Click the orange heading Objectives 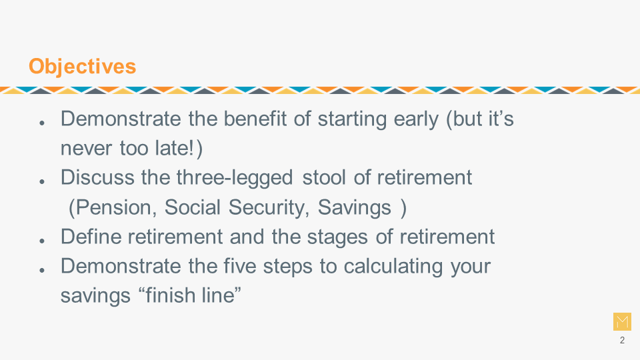tap(82, 67)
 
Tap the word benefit tap(255, 119)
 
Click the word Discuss tap(97, 177)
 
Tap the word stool tap(324, 177)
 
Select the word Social tap(193, 207)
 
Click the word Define tap(91, 236)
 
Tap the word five tap(240, 266)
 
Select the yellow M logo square tap(622, 321)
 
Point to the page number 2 tap(622, 341)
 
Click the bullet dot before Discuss tap(42, 181)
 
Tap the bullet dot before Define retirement tap(42, 241)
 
